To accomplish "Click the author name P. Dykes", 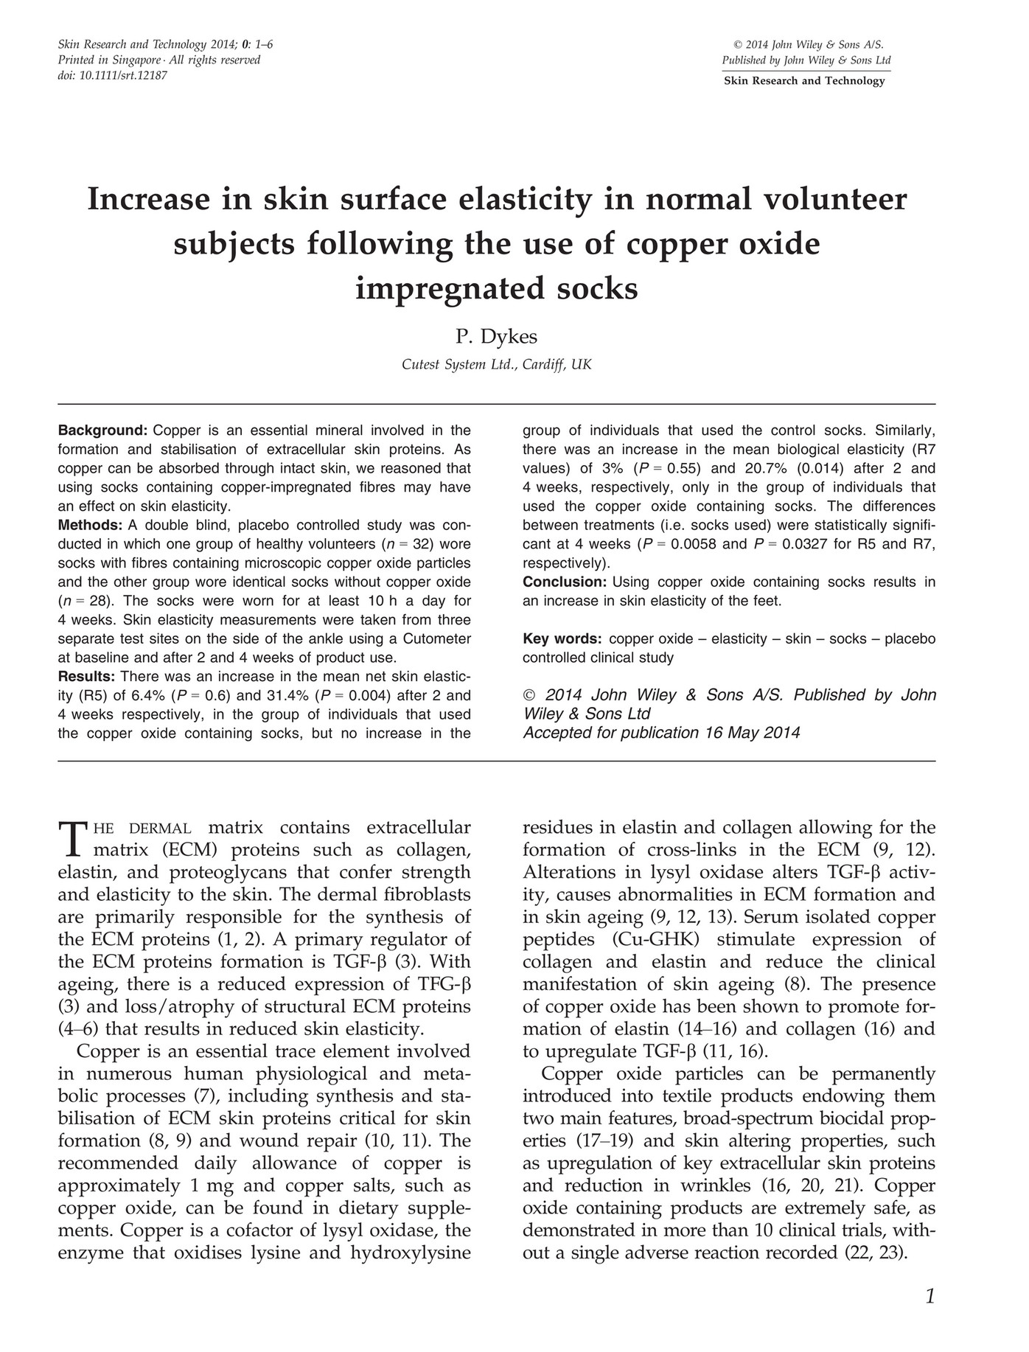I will pyautogui.click(x=496, y=337).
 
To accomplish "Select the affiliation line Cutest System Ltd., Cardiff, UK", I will pyautogui.click(x=496, y=364).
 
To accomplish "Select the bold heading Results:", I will pyautogui.click(x=87, y=676).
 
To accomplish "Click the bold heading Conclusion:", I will pyautogui.click(x=564, y=582).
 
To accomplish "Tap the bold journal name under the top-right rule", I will pyautogui.click(x=804, y=81).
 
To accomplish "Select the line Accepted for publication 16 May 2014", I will pyautogui.click(x=660, y=734).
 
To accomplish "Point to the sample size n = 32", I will pyautogui.click(x=402, y=545).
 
